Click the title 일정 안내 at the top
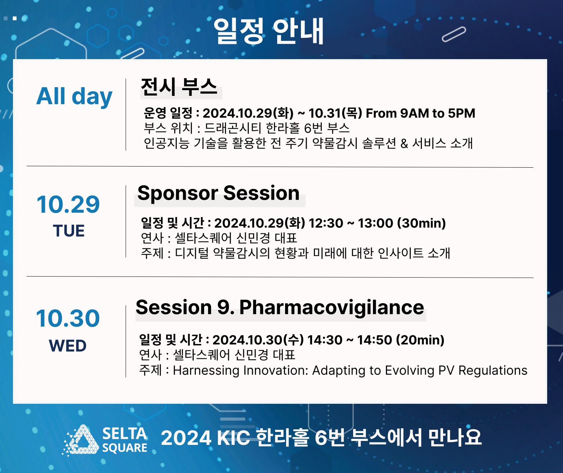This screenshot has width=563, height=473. click(x=269, y=31)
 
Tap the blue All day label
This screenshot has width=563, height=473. click(x=74, y=96)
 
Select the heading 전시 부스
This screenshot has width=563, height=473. click(x=179, y=87)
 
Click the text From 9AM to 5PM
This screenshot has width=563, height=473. click(x=420, y=113)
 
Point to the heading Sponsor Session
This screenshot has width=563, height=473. click(x=219, y=193)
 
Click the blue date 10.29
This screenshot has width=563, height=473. click(x=68, y=204)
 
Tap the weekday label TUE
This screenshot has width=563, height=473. click(x=69, y=231)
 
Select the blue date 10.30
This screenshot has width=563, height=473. click(x=68, y=318)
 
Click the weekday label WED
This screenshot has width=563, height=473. click(x=68, y=346)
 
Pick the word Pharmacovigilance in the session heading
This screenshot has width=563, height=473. click(x=332, y=308)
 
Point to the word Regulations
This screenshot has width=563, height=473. click(x=493, y=370)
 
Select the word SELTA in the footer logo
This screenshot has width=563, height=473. click(x=125, y=434)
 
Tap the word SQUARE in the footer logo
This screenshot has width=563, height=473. click(x=125, y=448)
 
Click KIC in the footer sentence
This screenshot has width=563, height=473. click(x=233, y=438)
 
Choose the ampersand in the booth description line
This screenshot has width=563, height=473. click(x=404, y=143)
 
